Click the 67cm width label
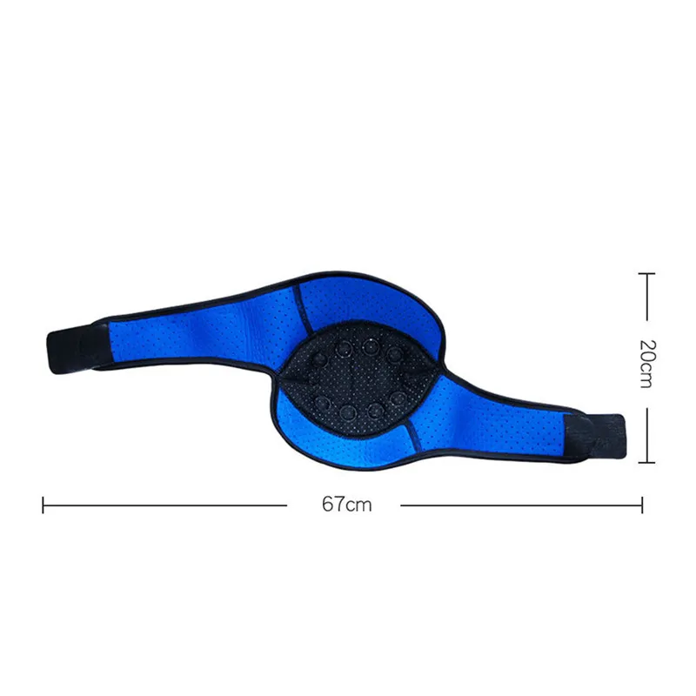click(346, 505)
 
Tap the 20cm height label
click(647, 364)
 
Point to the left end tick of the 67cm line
click(43, 505)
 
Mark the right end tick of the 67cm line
click(642, 505)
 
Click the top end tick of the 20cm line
click(646, 274)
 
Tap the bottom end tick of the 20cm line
click(646, 463)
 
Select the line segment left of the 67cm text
click(165, 505)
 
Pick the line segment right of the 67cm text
click(521, 505)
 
